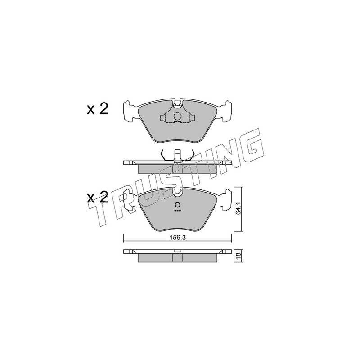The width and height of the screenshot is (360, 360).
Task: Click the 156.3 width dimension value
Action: (177, 238)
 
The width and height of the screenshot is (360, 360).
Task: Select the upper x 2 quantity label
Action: (97, 109)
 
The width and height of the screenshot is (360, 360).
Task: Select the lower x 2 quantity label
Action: (97, 197)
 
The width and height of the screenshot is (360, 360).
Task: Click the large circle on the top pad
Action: (177, 117)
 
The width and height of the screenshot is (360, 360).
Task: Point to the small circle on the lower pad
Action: (177, 205)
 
